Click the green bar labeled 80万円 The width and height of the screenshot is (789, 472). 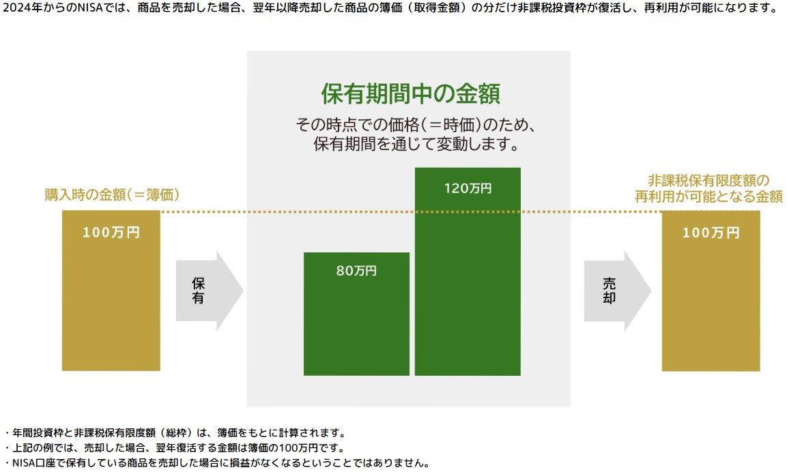click(x=356, y=314)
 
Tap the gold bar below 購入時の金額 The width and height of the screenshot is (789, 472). click(x=111, y=290)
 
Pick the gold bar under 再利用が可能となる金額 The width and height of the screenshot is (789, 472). click(x=711, y=291)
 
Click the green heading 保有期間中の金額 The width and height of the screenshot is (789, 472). click(x=410, y=93)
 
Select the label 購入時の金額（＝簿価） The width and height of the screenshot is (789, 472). click(x=112, y=195)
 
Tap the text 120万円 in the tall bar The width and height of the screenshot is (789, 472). click(x=468, y=188)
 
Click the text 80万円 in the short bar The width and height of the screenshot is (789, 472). click(x=356, y=271)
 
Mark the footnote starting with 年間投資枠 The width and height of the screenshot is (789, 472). click(x=177, y=433)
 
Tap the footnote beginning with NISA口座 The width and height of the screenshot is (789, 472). click(x=218, y=463)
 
